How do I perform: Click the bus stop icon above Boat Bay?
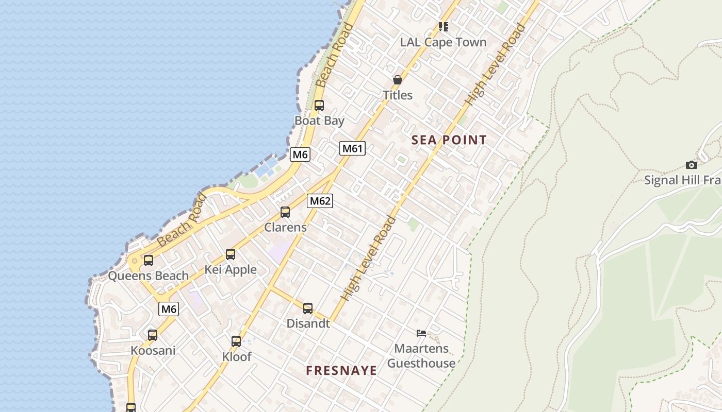coord(319,106)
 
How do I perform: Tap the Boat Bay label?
coord(319,121)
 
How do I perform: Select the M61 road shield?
coord(353,149)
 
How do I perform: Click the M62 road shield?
coord(320,201)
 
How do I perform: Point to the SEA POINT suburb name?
coord(449,140)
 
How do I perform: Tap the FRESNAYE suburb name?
coord(341,370)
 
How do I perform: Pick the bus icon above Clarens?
coord(285,212)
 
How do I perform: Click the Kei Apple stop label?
coord(231,269)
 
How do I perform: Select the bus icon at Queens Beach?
coord(149,260)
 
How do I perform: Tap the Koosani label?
coord(153,351)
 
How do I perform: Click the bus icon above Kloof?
coord(236,341)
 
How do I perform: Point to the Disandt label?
coord(308,323)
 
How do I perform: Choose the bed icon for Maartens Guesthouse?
coord(421,333)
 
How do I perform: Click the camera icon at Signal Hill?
coord(692,165)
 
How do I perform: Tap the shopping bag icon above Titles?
coord(398,80)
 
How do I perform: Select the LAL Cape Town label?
coord(444,42)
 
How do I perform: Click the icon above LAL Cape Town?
coord(444,26)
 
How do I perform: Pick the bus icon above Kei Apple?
coord(231,254)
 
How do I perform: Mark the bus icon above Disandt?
coord(308,308)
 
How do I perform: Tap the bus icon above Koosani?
coord(153,335)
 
